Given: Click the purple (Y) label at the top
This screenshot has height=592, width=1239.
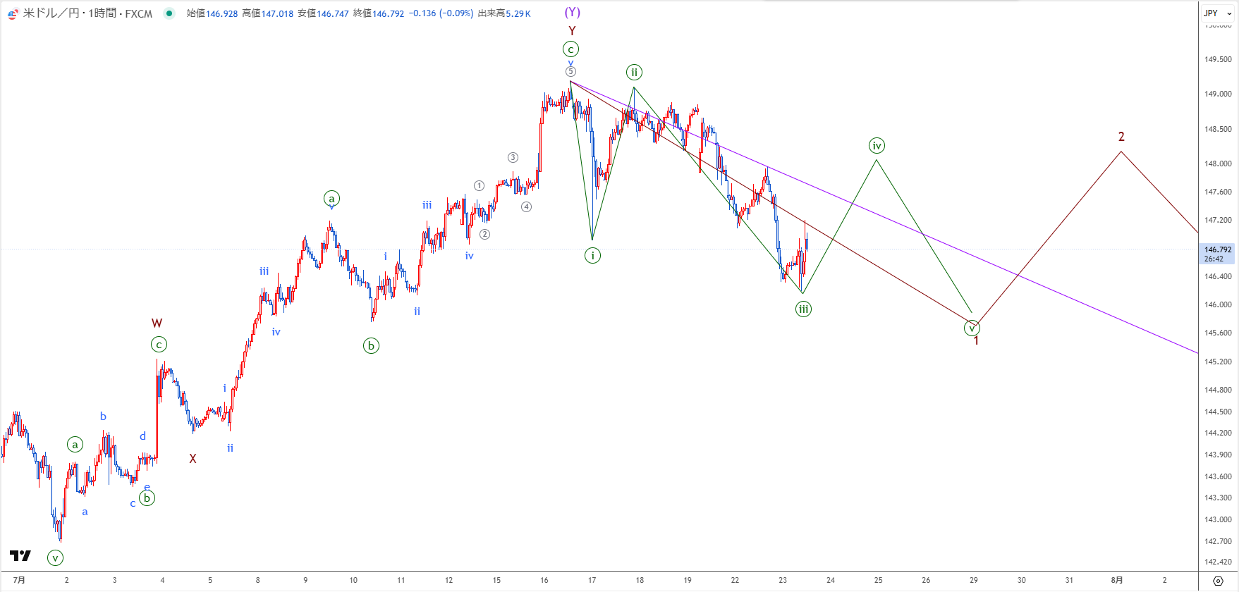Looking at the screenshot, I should coord(572,13).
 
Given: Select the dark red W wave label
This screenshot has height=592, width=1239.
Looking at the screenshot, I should coord(157,323).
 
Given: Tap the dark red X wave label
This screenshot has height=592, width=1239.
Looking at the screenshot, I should coord(193,459).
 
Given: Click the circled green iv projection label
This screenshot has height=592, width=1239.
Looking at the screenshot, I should coord(877,146).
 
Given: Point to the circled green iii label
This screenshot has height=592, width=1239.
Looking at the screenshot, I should coord(803,309).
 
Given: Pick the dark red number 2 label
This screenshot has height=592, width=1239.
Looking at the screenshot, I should coord(1121,137).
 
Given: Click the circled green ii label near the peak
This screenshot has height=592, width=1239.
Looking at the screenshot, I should coord(634,72).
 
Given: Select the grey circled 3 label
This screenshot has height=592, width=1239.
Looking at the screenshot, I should coord(513,158).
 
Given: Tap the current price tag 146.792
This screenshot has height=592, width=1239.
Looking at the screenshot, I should coord(1217,254).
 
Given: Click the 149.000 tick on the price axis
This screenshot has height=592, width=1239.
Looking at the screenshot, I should coord(1218,94).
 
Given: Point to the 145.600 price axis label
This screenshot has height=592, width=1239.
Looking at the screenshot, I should coord(1218,333).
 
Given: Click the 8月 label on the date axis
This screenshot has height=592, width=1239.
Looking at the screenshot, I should coord(1117,580).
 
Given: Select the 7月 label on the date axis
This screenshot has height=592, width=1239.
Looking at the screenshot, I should coord(19,580).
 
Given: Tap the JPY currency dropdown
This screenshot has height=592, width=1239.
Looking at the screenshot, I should coord(1218,13).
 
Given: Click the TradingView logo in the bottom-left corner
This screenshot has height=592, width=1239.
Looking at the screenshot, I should coord(20,555).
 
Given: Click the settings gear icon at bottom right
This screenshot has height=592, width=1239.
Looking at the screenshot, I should coord(1218,581).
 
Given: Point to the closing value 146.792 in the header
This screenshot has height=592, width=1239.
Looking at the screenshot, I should coord(388,13).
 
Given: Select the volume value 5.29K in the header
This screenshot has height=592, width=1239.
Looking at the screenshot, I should coord(518,13).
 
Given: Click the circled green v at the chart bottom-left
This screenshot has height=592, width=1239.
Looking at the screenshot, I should coord(55,558).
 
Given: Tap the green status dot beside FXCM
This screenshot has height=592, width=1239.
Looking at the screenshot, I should coord(169,13).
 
